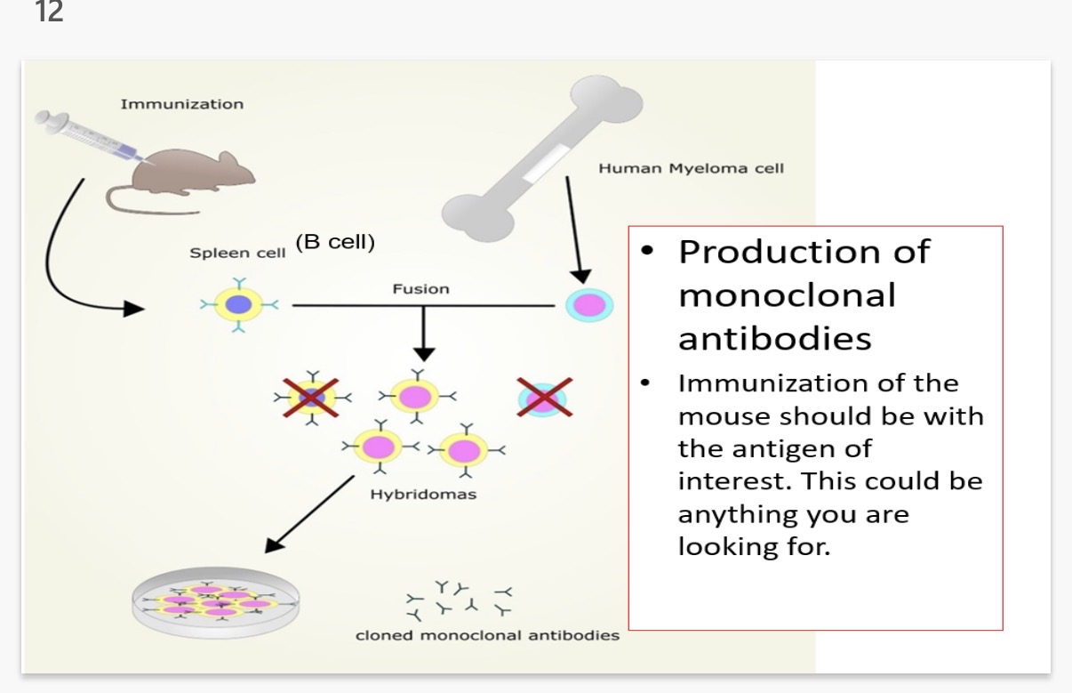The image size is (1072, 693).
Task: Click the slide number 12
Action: coord(51,12)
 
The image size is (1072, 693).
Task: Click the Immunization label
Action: coord(181,104)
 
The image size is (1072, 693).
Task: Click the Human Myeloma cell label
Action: coord(691,168)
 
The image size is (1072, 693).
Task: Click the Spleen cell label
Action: coord(237,253)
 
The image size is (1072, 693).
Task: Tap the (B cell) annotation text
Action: coord(335,242)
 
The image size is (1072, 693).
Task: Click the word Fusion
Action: coord(420,289)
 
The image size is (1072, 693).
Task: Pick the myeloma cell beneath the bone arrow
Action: coord(589,305)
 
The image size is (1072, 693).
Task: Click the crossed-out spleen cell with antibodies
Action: coord(311,397)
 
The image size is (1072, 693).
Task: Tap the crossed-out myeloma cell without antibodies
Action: coord(544,397)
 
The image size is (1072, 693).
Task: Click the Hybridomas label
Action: coord(422,495)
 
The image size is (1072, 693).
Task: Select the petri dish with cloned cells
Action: coord(216,602)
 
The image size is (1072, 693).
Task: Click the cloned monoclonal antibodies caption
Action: coord(487,635)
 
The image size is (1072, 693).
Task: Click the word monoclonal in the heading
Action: coord(787,295)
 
